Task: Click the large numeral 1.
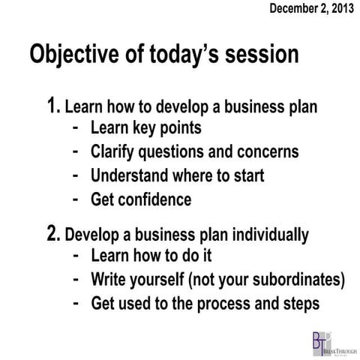coord(52,104)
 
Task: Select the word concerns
coord(264,152)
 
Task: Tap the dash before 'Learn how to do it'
coord(76,256)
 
